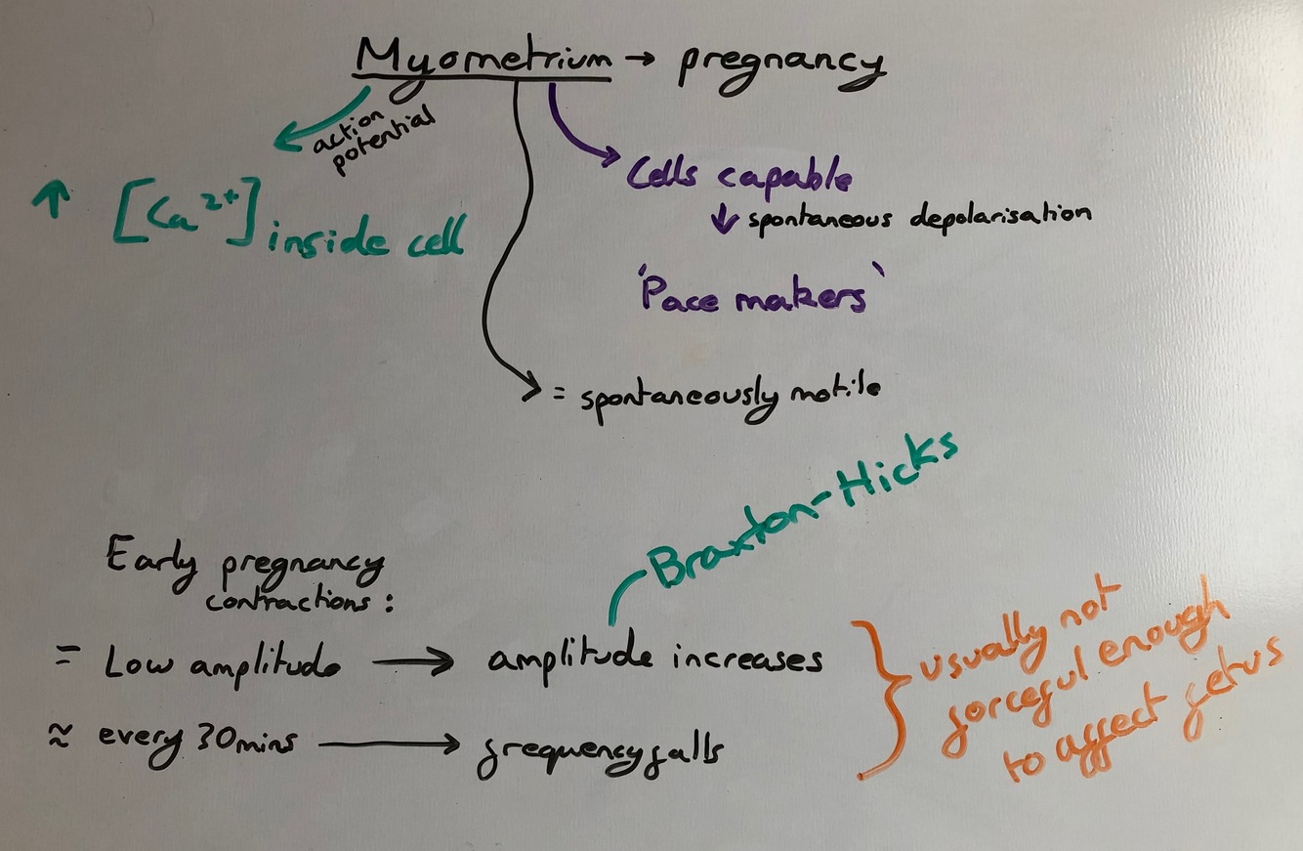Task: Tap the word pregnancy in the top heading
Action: click(780, 64)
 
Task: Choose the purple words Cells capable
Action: click(738, 176)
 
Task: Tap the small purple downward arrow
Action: click(724, 219)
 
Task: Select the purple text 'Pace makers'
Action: click(753, 295)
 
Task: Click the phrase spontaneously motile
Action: click(731, 395)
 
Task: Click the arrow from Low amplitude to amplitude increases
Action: click(412, 662)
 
